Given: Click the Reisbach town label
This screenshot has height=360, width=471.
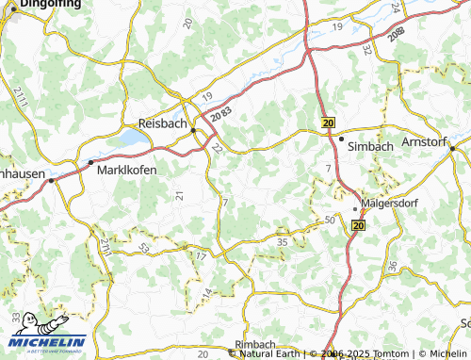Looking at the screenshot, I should click(x=163, y=123).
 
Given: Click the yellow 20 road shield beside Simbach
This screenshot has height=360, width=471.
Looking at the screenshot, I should click(x=328, y=123).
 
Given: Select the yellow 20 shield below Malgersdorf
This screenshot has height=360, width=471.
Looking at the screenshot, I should click(x=358, y=226).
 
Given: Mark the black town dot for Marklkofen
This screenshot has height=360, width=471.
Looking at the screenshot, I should click(x=91, y=163).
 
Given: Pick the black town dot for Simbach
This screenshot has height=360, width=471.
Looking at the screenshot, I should click(x=341, y=139).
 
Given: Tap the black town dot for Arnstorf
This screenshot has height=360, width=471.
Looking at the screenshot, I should click(x=452, y=148).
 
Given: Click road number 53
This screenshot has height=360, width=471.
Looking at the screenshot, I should click(x=144, y=248).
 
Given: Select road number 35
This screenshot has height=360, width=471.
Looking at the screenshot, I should click(x=282, y=242).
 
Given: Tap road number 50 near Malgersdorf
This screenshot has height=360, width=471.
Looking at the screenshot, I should click(x=330, y=220).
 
